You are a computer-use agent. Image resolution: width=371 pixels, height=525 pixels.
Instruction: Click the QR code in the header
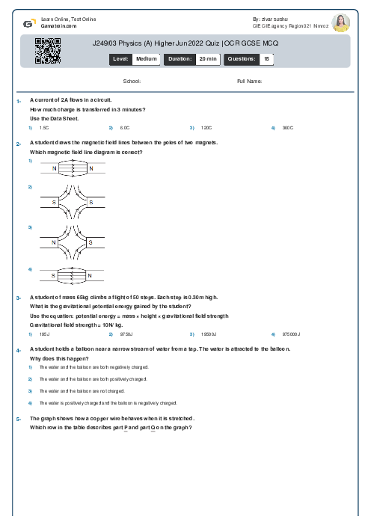tap(42, 51)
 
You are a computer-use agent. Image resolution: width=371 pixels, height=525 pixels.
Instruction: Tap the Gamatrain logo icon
tap(28, 22)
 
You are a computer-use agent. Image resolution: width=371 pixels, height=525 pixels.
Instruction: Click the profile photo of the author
tap(340, 22)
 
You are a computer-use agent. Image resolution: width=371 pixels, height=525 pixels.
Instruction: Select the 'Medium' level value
tap(146, 58)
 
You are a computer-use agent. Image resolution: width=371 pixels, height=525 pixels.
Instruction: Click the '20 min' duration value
tap(207, 58)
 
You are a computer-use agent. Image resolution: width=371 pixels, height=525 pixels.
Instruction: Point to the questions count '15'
tap(267, 58)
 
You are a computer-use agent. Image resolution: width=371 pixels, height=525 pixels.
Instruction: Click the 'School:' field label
tap(132, 81)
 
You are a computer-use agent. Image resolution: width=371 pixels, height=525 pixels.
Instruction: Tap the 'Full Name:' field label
tap(249, 81)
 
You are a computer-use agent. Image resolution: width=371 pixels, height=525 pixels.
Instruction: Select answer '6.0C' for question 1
tap(125, 128)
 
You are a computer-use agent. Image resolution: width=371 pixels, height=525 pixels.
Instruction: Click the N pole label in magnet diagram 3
tap(55, 242)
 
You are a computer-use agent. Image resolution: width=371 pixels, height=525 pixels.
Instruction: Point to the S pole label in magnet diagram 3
tap(90, 242)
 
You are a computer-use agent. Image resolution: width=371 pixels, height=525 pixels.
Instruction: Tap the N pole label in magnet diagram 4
tap(90, 276)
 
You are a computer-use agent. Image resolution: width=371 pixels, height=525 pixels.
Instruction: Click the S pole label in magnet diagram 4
tap(55, 276)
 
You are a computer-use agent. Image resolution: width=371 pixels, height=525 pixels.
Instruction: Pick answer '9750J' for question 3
tap(126, 334)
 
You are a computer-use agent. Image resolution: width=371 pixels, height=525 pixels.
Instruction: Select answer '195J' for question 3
tap(44, 334)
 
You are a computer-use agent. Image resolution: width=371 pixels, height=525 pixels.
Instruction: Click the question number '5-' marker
tap(18, 420)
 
